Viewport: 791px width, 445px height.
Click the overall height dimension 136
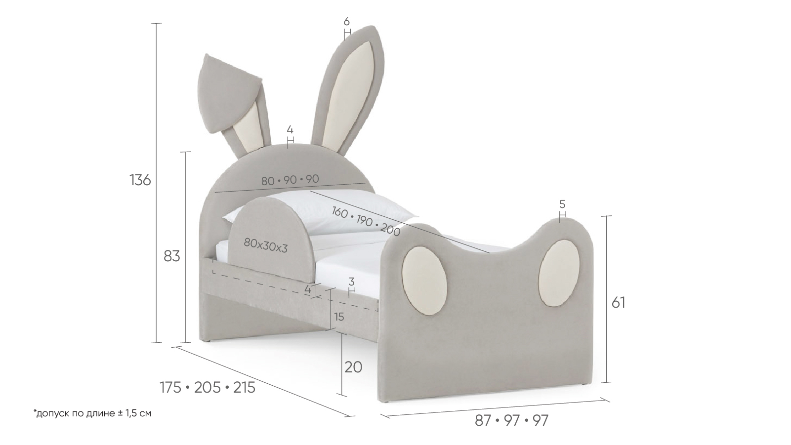(x=140, y=180)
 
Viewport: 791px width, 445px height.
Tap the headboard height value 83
(x=172, y=256)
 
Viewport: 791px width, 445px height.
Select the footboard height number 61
(x=618, y=302)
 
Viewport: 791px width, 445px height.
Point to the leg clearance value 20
(x=353, y=367)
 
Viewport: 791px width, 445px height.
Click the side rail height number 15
(x=338, y=317)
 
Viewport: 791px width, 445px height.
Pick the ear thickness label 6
(x=346, y=22)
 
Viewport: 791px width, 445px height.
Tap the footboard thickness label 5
(x=563, y=204)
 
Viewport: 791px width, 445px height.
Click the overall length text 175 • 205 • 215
(x=208, y=388)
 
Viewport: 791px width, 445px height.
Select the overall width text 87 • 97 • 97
(x=512, y=421)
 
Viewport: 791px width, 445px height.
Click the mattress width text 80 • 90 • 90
(x=291, y=180)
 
